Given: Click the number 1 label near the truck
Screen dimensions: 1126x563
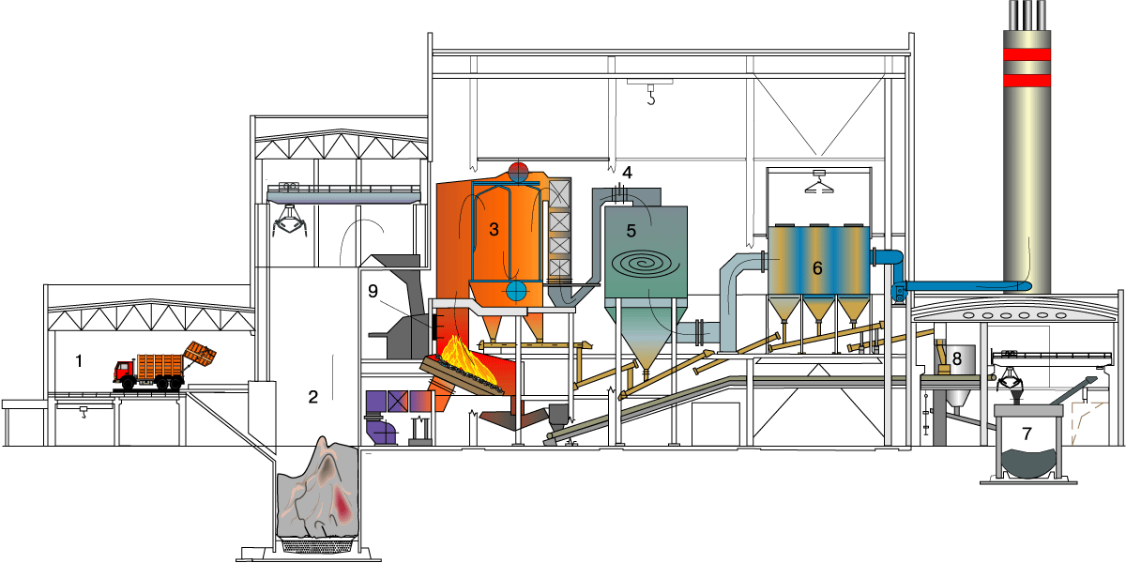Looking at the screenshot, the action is [x=79, y=361].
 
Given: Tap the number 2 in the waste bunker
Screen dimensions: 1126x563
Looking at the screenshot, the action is [x=313, y=397].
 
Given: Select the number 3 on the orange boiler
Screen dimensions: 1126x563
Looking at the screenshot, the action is [x=495, y=229].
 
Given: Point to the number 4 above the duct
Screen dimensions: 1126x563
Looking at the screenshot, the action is [x=627, y=173].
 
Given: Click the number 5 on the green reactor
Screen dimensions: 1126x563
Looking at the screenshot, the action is [x=631, y=231].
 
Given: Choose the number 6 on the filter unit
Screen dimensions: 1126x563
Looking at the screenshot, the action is [x=817, y=268].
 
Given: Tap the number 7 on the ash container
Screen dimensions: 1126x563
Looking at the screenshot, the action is [x=1027, y=433].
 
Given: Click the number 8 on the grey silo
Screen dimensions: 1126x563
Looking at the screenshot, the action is [x=957, y=358].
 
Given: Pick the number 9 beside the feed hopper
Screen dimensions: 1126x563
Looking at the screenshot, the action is [x=373, y=291].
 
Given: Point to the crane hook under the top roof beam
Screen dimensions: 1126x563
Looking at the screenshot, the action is [x=651, y=95].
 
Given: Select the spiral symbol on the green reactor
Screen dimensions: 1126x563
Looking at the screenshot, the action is [x=646, y=264].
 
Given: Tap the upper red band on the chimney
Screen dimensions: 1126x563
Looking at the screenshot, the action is [x=1027, y=54].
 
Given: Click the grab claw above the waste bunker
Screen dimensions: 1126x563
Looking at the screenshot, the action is [x=289, y=222].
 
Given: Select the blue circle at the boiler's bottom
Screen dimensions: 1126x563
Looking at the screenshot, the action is [x=516, y=291].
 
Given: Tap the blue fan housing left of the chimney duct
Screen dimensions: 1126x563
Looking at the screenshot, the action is [x=898, y=292].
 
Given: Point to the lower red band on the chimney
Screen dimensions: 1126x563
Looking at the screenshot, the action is [x=1027, y=81].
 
